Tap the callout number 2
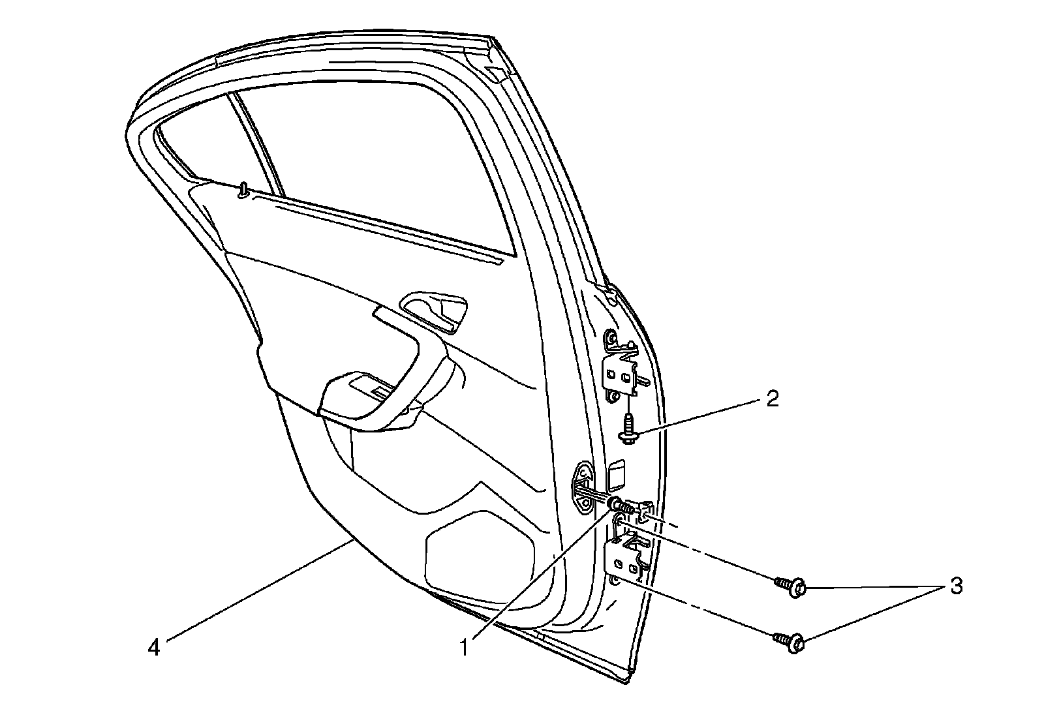[x=772, y=399]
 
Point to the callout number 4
[x=154, y=648]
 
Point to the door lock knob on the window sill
[x=243, y=190]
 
